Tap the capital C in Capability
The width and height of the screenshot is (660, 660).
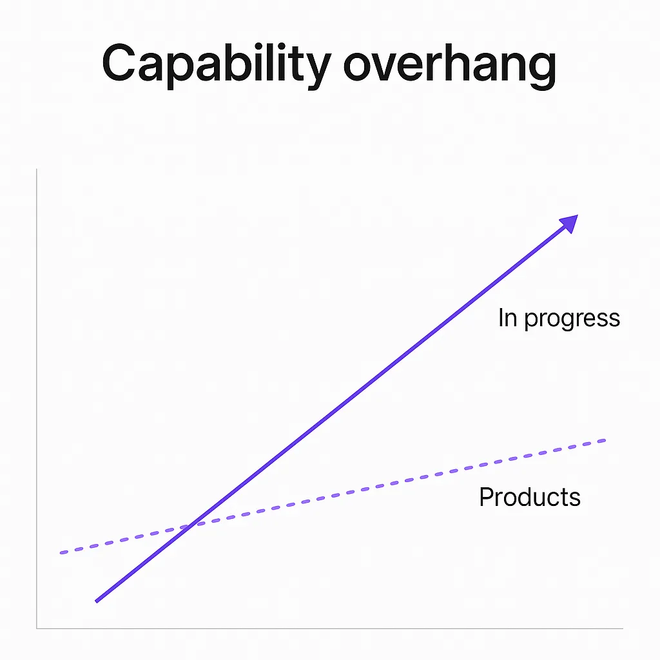(119, 63)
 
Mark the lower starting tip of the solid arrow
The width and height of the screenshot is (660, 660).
(97, 602)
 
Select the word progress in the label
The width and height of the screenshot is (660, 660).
(572, 319)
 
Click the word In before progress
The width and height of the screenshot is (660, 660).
(508, 317)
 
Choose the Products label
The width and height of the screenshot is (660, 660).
(530, 497)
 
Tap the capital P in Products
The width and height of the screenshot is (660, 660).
(487, 497)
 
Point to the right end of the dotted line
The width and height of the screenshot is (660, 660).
(605, 441)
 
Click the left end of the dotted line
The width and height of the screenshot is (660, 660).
(61, 552)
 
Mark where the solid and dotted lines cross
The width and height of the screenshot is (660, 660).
(191, 525)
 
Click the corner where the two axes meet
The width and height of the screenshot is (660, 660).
(37, 628)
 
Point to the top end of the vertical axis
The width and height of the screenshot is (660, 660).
(37, 169)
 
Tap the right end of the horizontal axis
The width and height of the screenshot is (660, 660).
(623, 628)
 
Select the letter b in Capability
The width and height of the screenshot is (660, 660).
(217, 63)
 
